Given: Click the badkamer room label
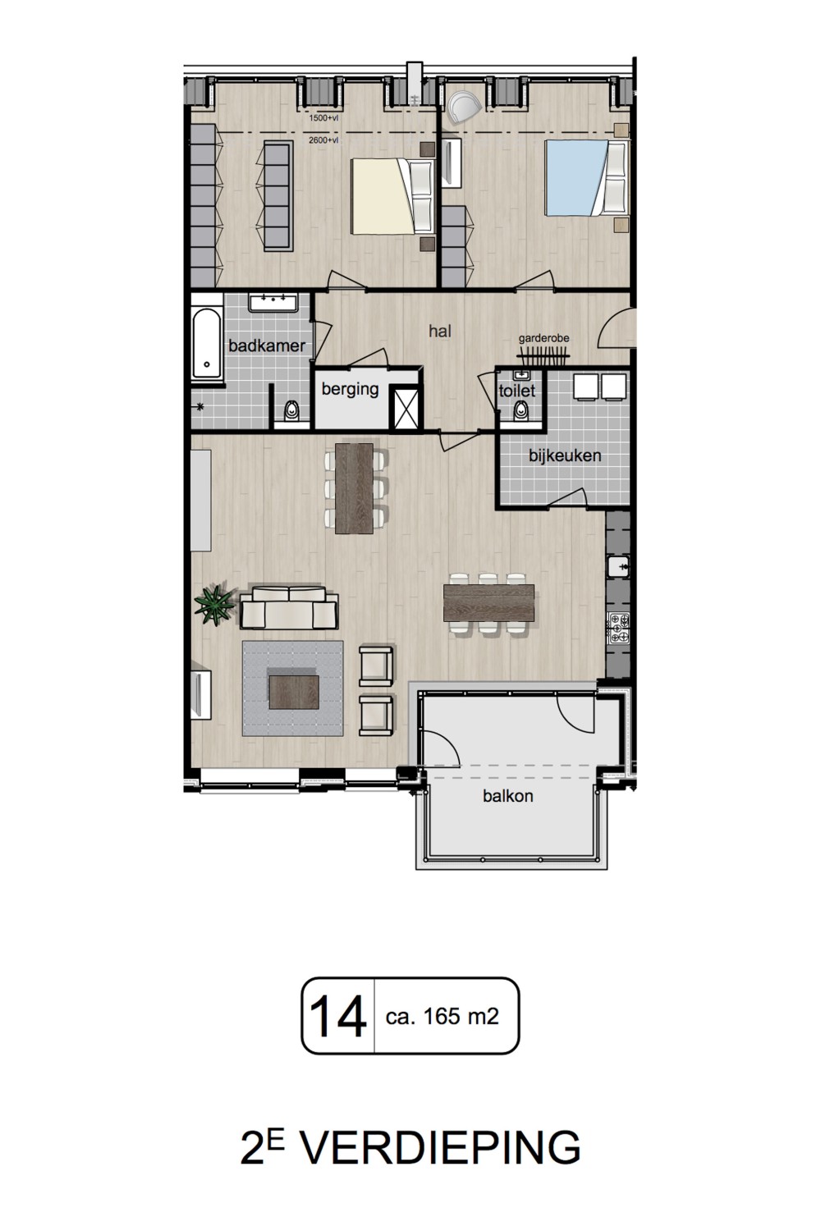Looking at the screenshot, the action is (267, 345).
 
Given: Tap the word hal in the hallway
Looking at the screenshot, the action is (440, 331).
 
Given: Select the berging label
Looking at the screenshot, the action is (350, 389).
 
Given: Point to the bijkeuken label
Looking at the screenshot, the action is (565, 455).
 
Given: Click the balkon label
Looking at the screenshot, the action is (507, 795).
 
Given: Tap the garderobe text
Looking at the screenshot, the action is (544, 338).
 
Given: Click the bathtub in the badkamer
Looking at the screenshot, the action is (207, 343).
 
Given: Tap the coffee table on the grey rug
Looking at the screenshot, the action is (294, 692).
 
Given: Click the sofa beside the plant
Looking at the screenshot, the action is (289, 607).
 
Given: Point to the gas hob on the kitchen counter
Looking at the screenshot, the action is (618, 628).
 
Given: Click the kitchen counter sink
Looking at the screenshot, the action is (618, 566).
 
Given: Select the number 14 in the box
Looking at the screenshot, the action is (337, 1016).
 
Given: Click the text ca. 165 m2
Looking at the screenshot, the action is (442, 1017).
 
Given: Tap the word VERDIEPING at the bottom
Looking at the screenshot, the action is (442, 1148).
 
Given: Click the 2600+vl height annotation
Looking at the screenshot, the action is (323, 140).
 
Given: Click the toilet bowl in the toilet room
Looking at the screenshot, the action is (521, 410).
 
